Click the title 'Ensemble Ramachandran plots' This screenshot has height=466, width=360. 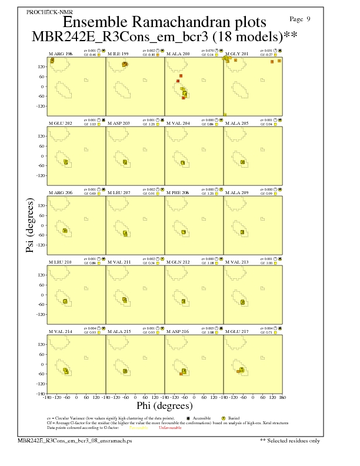(x=164, y=22)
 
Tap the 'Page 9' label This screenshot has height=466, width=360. (x=301, y=19)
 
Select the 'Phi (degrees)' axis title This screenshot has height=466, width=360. (x=164, y=406)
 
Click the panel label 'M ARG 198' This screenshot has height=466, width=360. (x=60, y=54)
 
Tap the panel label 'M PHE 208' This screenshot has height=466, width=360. (x=178, y=193)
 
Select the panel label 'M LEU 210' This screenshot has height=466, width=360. (x=60, y=262)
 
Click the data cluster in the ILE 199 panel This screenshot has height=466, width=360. (x=125, y=64)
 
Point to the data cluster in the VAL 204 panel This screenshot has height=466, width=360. (x=183, y=162)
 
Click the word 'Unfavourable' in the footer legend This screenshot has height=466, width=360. (x=171, y=428)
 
